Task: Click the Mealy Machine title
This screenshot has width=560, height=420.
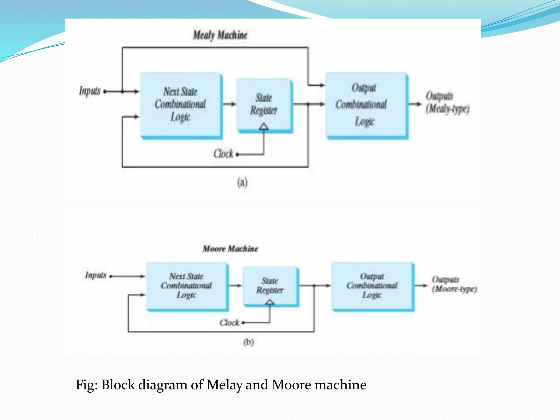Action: pyautogui.click(x=220, y=35)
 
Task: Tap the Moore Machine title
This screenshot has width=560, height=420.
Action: pyautogui.click(x=230, y=249)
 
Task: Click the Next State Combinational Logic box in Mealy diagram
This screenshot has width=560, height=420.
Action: pyautogui.click(x=180, y=105)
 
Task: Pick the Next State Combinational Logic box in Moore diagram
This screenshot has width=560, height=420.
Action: pyautogui.click(x=186, y=286)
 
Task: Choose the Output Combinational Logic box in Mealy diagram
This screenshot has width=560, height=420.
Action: pyautogui.click(x=366, y=105)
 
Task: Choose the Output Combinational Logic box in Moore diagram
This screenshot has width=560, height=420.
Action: pyautogui.click(x=372, y=286)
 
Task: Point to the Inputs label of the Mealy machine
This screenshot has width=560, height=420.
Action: pyautogui.click(x=90, y=91)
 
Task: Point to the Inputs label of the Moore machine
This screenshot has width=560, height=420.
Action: pyautogui.click(x=96, y=275)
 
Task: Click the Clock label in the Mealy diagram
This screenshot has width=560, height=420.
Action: pyautogui.click(x=223, y=154)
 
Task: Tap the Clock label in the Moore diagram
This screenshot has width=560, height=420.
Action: pyautogui.click(x=229, y=323)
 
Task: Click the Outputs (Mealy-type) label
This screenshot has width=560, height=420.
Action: pyautogui.click(x=447, y=103)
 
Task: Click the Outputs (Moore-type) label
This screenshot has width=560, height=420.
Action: pyautogui.click(x=454, y=284)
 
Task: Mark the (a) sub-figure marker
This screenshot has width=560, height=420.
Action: pyautogui.click(x=242, y=182)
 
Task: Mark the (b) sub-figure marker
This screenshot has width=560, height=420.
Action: pyautogui.click(x=249, y=342)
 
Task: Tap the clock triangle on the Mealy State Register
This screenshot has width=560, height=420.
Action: pyautogui.click(x=264, y=126)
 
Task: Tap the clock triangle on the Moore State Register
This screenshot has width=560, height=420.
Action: pyautogui.click(x=270, y=302)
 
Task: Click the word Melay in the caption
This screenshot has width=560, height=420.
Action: pyautogui.click(x=224, y=385)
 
